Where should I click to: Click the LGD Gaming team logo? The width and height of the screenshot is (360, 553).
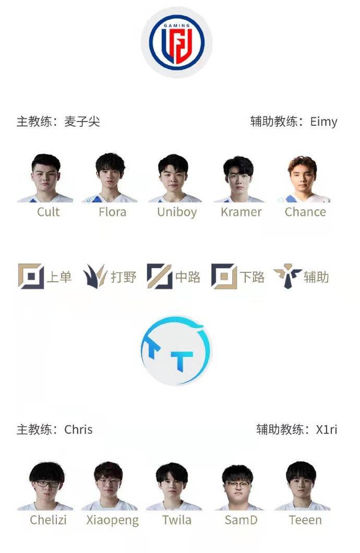[177, 42]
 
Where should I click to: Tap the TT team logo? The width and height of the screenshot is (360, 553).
[176, 351]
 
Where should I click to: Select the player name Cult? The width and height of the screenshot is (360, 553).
[49, 212]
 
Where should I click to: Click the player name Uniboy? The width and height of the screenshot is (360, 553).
[177, 212]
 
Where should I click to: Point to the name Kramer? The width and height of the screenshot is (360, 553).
[241, 212]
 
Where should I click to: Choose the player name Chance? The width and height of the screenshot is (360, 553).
[305, 212]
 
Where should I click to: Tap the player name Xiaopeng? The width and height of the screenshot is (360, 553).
[113, 521]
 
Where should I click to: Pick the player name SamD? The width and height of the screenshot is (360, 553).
[241, 520]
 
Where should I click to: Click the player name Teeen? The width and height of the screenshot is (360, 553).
[305, 520]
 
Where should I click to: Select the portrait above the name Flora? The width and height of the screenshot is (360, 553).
[110, 177]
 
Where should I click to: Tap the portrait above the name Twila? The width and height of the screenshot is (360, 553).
[173, 486]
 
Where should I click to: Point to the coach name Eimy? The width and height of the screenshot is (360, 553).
[323, 122]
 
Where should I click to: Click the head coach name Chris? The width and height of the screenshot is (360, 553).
[78, 429]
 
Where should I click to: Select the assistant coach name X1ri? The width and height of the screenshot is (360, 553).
[327, 429]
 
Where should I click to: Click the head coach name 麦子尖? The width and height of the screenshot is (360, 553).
[82, 122]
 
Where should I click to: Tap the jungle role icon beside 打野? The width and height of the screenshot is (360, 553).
[95, 276]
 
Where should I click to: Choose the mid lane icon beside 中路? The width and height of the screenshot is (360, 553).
[160, 276]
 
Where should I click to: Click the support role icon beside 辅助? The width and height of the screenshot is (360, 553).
[287, 276]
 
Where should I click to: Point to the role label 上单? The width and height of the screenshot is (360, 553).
[59, 277]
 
